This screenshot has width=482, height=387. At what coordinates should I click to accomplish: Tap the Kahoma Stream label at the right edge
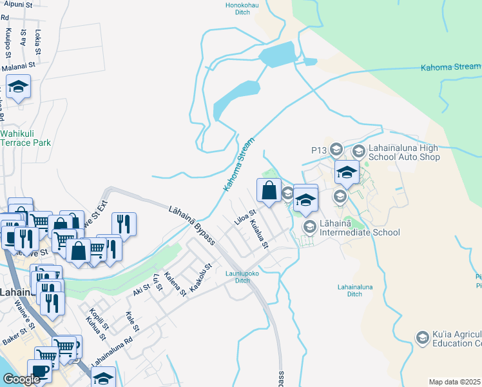(x=450, y=67)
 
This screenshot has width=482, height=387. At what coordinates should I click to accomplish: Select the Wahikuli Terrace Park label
(x=25, y=138)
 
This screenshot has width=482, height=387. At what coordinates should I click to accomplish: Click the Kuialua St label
(x=258, y=233)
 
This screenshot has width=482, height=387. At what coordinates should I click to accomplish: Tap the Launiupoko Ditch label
(x=237, y=276)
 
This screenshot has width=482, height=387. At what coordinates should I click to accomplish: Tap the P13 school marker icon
(x=336, y=150)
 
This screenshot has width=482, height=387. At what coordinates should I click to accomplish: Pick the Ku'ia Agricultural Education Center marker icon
(x=422, y=337)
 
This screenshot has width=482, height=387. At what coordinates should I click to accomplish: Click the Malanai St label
(x=18, y=66)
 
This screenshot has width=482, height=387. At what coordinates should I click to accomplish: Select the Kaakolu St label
(x=200, y=276)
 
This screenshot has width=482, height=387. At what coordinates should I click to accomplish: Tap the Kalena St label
(x=175, y=284)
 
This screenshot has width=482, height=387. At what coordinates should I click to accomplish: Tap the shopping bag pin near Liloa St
(x=269, y=190)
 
